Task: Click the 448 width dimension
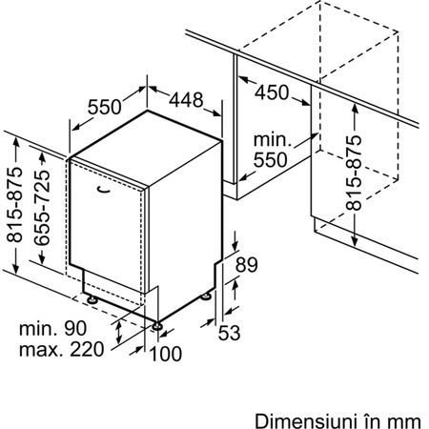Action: tap(186, 100)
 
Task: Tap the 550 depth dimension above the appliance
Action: tap(105, 107)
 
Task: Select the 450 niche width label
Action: tap(272, 92)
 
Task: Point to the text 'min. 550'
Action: tap(273, 150)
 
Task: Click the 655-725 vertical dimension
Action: tap(42, 208)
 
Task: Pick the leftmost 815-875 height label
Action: tap(15, 204)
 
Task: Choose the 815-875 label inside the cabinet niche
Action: tap(354, 173)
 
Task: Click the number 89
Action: tap(246, 265)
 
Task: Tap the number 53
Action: tap(229, 333)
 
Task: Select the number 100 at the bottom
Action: tap(165, 354)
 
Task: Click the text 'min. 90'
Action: tap(52, 328)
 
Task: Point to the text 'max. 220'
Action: tap(62, 349)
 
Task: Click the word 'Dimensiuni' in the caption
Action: tap(305, 421)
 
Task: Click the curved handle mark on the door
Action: tap(103, 189)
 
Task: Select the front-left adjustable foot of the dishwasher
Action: tap(92, 299)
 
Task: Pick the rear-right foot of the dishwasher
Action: tap(205, 296)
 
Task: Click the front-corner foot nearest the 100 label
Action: tap(157, 326)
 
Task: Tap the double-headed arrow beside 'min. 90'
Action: tap(118, 333)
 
